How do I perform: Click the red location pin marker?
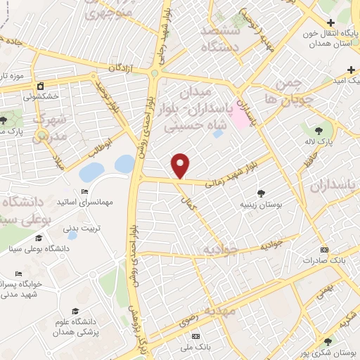[x=181, y=166]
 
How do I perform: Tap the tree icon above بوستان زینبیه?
[x=262, y=192]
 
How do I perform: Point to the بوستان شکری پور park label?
[x=326, y=352]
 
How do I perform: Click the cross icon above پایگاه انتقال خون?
[x=330, y=22]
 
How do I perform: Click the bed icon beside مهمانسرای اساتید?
[x=84, y=192]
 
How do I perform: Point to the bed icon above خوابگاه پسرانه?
[x=18, y=274]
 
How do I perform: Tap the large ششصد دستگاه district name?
[x=221, y=39]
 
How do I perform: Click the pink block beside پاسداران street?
[x=240, y=118]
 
